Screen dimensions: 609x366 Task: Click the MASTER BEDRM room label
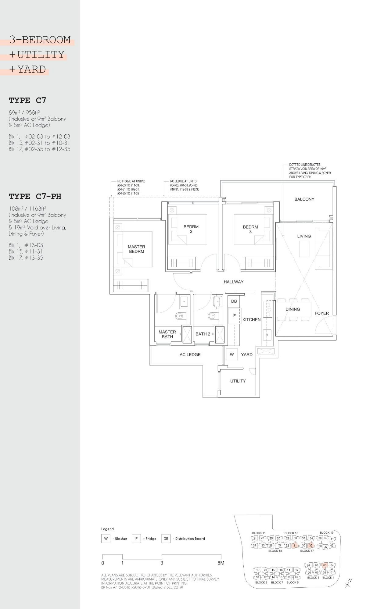click(136, 249)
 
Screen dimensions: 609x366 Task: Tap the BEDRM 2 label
click(191, 229)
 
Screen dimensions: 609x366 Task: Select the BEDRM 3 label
click(250, 229)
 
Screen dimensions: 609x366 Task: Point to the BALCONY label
click(304, 199)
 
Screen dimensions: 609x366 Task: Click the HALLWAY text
click(234, 282)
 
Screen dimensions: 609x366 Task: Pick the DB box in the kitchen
click(234, 301)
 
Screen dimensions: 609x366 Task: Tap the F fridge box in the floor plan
click(234, 316)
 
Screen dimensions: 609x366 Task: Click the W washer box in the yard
click(232, 354)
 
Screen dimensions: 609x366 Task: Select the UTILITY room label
click(238, 381)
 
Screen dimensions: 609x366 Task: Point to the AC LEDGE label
click(190, 354)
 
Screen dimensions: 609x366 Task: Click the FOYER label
click(322, 313)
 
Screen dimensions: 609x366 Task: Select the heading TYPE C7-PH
click(35, 197)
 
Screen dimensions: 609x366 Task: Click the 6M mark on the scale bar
click(221, 563)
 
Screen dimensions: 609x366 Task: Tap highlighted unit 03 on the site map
click(325, 565)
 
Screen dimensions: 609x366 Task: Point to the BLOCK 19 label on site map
click(327, 532)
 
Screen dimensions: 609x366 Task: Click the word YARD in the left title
click(31, 69)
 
